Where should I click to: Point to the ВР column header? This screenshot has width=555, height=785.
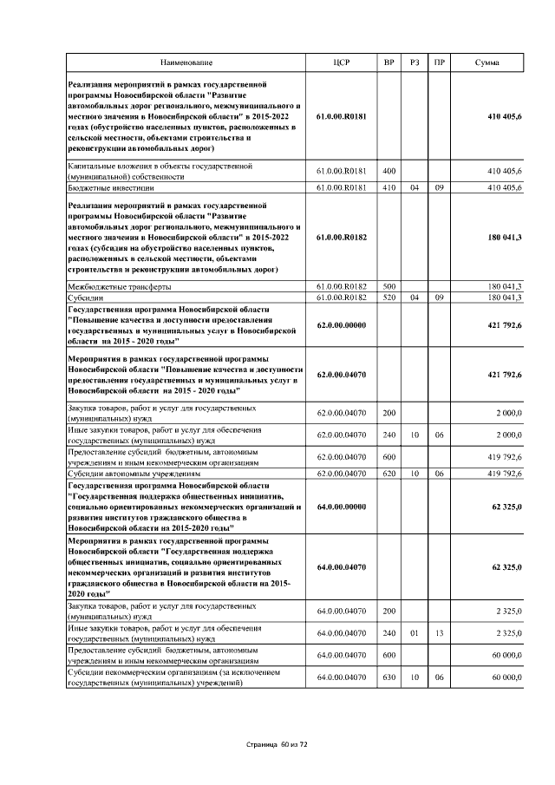pos(388,63)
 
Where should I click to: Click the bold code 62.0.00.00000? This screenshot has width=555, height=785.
pos(342,325)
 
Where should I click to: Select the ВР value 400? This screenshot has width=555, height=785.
pos(388,171)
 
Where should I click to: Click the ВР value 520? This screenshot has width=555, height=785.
pos(388,298)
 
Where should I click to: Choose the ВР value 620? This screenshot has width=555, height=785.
pos(388,474)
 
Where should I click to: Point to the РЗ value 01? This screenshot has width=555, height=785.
pos(415,634)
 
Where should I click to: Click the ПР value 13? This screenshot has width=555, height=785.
pos(440,634)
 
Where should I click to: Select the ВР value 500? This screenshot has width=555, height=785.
pos(388,286)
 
